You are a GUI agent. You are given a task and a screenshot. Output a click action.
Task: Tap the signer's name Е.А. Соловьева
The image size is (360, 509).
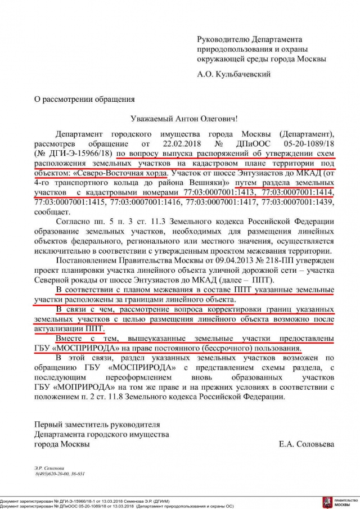306,444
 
